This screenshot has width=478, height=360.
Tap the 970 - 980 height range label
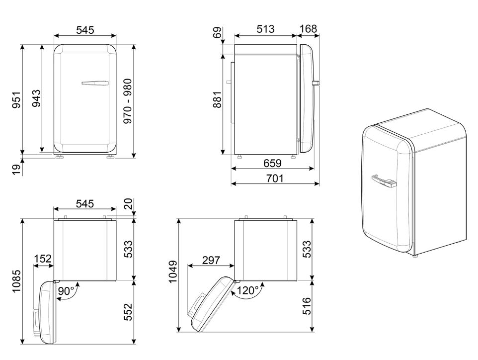pos(128,101)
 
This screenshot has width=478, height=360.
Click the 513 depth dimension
pos(265,29)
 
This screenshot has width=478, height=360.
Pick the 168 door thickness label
pos(308,29)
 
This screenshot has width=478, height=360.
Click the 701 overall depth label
pos(275,178)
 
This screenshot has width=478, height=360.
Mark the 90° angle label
pos(66,291)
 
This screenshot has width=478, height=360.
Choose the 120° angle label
pos(247,289)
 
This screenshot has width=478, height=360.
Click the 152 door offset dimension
pos(43,260)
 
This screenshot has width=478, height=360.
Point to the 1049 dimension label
pos(173,272)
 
